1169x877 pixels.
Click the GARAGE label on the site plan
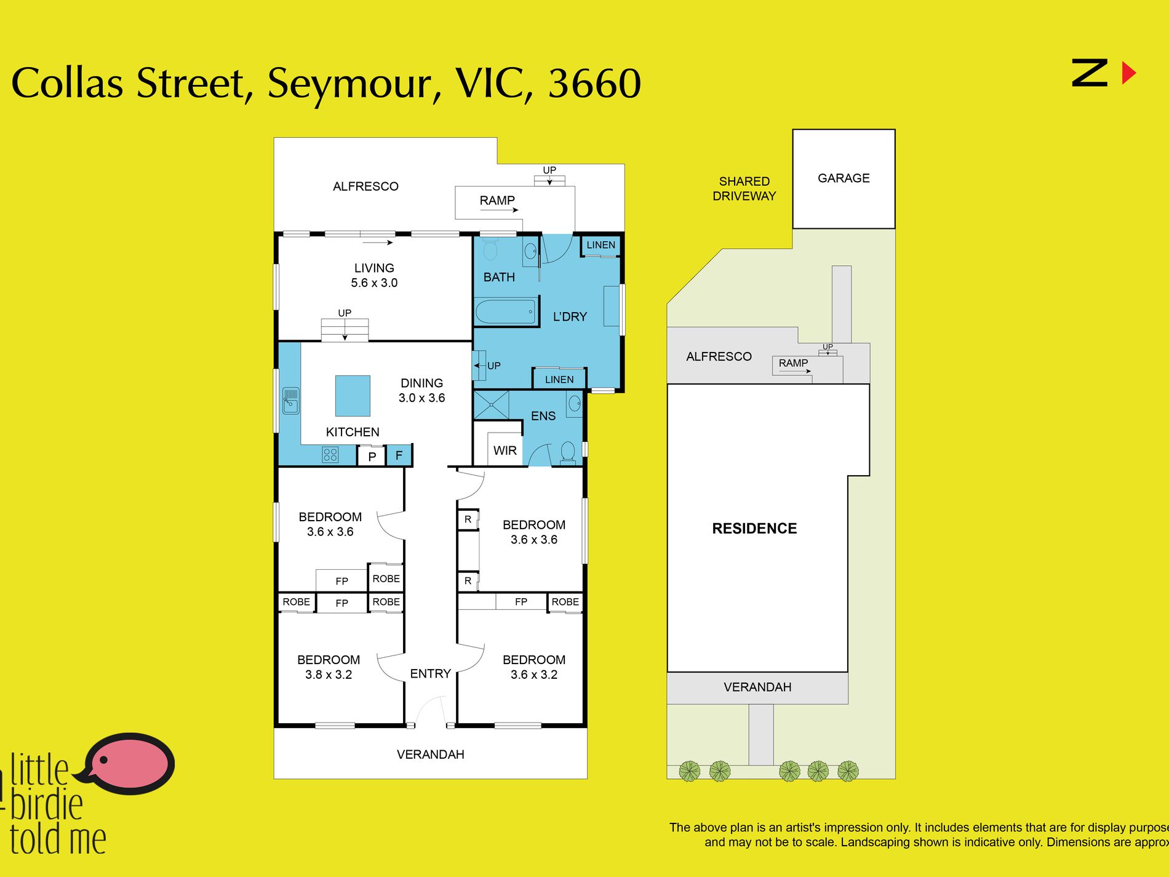click(843, 178)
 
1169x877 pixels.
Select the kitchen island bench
click(353, 396)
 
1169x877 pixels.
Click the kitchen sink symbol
click(290, 401)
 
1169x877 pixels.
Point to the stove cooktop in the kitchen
click(330, 455)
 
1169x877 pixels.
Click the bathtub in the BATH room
click(505, 311)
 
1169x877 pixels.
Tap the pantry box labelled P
click(372, 457)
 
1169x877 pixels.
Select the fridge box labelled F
click(399, 455)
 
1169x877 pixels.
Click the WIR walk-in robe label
click(505, 451)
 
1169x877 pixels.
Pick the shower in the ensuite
click(491, 405)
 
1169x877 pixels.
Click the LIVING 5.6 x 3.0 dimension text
click(374, 282)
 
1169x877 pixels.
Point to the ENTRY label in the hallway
click(430, 673)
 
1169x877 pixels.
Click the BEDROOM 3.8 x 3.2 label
click(329, 667)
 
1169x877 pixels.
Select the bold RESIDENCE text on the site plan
click(754, 528)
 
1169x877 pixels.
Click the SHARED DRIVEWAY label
click(744, 188)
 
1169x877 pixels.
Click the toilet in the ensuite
click(568, 452)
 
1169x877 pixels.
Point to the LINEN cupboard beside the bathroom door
click(600, 245)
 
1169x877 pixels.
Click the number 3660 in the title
click(594, 84)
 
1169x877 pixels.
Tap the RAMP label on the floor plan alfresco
click(497, 200)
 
